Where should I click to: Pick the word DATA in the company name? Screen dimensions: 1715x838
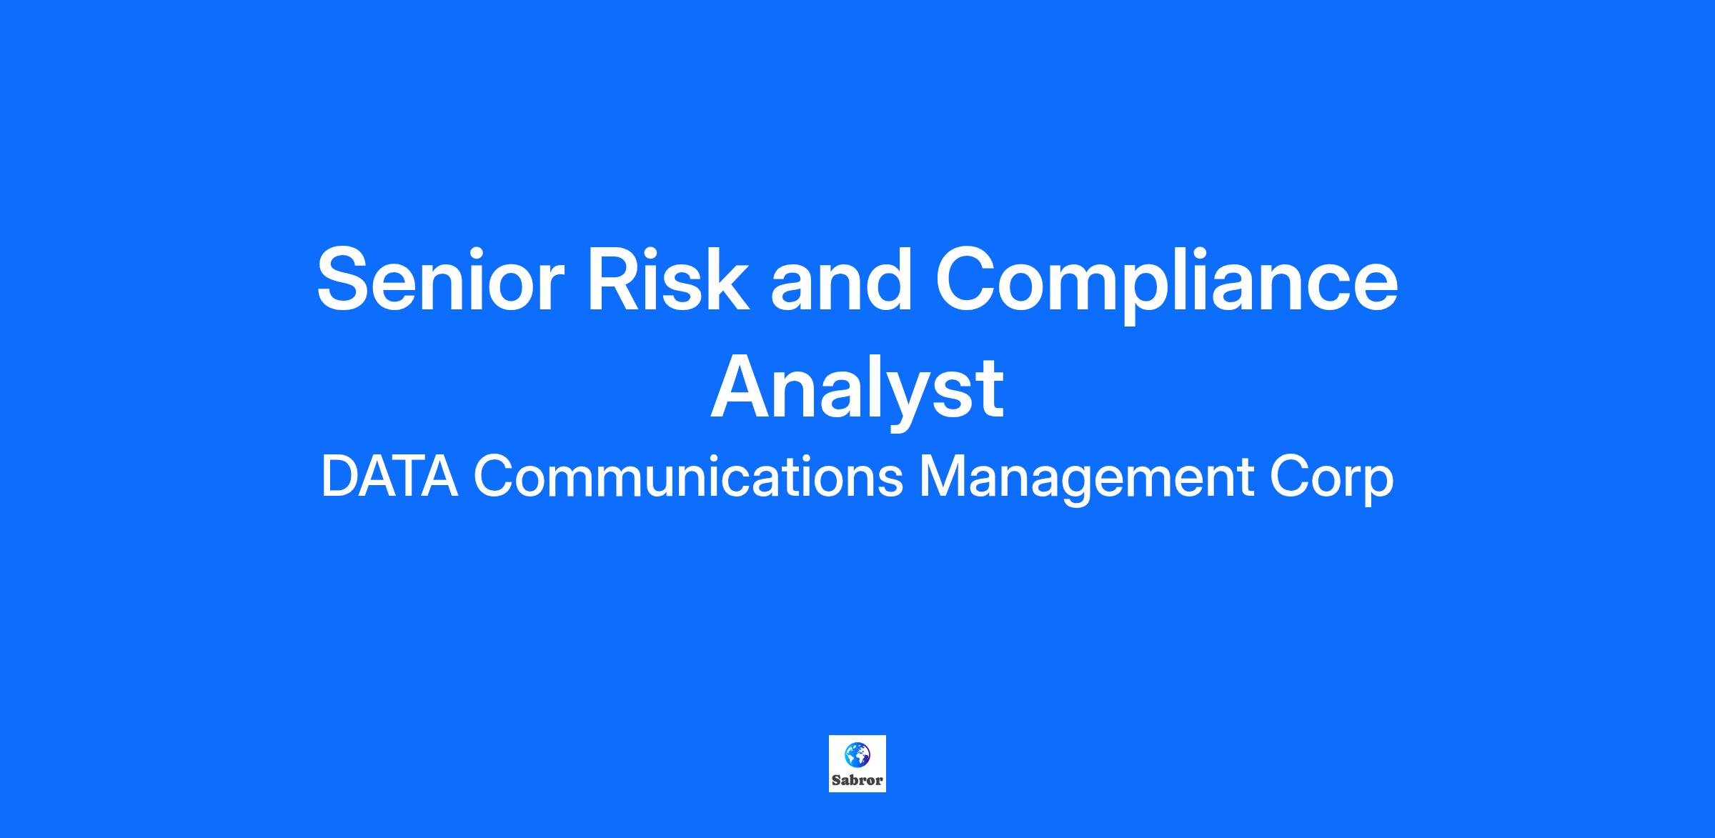pos(389,477)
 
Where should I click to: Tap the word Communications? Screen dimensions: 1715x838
pos(688,477)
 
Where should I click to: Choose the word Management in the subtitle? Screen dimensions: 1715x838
pos(1086,480)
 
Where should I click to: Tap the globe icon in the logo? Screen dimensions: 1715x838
pos(857,754)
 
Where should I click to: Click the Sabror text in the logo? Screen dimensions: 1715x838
pos(857,780)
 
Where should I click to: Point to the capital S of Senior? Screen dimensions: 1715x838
pos(347,279)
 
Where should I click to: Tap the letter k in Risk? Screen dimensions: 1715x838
pos(727,279)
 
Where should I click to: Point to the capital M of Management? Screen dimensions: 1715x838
pos(943,477)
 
